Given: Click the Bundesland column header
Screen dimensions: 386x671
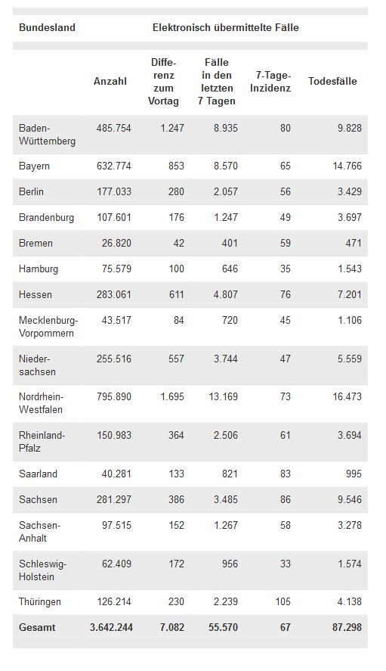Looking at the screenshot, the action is (47, 28).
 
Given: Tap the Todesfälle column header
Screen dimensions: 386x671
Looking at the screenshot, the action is (332, 81).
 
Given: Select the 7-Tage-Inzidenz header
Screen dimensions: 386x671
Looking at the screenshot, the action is (270, 82).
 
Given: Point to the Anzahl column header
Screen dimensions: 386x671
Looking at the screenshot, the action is (110, 81).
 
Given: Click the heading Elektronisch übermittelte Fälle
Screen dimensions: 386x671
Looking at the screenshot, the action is (226, 28).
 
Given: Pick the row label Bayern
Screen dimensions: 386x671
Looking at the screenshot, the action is (34, 166).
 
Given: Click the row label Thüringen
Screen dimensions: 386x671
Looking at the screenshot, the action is (40, 602).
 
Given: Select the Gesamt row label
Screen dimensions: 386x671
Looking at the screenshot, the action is (37, 628).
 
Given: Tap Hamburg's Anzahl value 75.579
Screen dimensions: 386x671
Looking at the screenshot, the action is (116, 269).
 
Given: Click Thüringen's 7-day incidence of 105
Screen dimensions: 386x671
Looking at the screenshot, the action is (283, 601).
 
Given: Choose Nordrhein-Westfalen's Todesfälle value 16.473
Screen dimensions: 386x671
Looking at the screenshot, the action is (347, 396).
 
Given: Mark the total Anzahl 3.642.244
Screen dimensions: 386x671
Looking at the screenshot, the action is (111, 628).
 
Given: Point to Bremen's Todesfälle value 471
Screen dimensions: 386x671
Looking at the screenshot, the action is (354, 243).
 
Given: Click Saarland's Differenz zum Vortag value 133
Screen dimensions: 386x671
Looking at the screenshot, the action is (176, 474).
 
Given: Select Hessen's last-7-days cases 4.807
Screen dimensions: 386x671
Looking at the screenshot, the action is (226, 294).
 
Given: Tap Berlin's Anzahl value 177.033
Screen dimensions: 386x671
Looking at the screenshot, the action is (114, 191).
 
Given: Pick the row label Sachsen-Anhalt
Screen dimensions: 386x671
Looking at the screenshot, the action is (40, 532).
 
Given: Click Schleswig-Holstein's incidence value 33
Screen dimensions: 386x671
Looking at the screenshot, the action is (285, 564).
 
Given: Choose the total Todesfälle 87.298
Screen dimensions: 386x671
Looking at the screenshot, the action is (347, 628).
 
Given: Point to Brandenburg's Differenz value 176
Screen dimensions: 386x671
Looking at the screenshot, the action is (176, 217).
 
